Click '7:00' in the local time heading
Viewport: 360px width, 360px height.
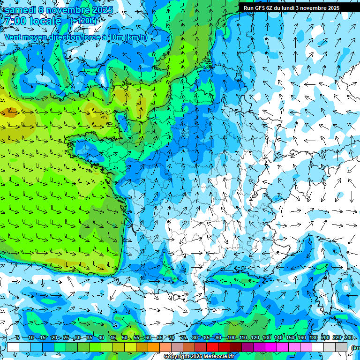(x=14, y=21)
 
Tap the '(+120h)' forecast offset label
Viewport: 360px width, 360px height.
(x=83, y=21)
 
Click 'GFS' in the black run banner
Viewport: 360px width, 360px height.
(x=259, y=8)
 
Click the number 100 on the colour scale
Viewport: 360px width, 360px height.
(x=231, y=337)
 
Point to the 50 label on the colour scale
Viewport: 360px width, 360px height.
(x=125, y=337)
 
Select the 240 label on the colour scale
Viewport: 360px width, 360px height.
(x=349, y=337)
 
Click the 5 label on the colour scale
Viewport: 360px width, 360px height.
(x=17, y=337)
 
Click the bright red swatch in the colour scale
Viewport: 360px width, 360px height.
(x=212, y=347)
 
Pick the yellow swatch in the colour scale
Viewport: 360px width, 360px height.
(x=130, y=347)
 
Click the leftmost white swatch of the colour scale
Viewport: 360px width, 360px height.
(x=13, y=347)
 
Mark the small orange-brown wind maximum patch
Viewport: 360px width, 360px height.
(x=8, y=112)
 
